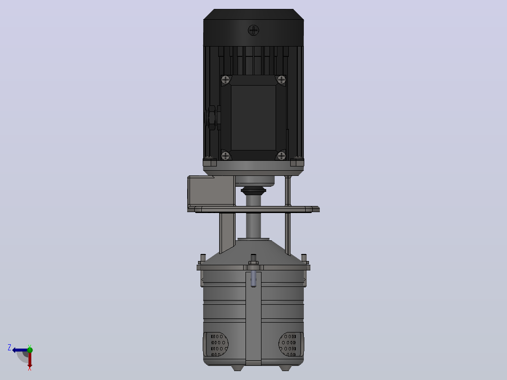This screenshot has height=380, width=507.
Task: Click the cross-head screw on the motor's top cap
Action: (253, 31)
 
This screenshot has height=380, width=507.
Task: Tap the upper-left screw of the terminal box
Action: (226, 79)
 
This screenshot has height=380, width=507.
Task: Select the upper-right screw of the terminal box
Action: (281, 79)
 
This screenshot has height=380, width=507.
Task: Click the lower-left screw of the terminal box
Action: (226, 156)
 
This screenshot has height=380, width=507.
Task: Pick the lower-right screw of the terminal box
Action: (281, 156)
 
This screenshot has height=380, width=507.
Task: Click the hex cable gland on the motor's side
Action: (212, 118)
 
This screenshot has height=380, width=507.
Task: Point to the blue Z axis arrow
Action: (20, 350)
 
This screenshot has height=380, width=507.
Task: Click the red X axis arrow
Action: (30, 360)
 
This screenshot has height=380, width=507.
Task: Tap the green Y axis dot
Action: (30, 350)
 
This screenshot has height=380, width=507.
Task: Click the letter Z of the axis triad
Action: (9, 348)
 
